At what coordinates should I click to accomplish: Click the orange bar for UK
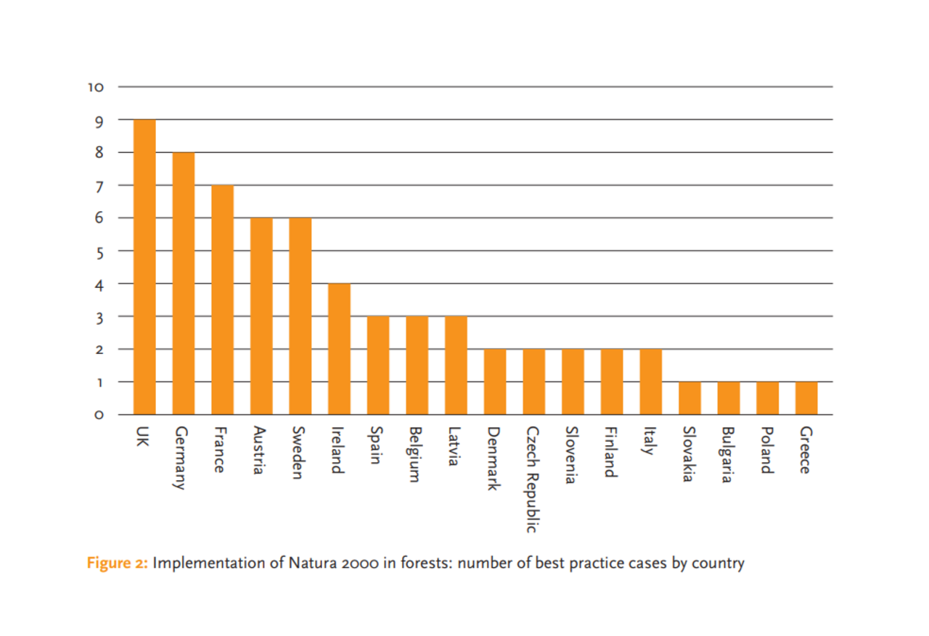click(144, 267)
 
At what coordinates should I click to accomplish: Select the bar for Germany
click(183, 283)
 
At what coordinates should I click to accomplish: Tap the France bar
click(222, 300)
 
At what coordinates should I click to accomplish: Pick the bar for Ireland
click(339, 349)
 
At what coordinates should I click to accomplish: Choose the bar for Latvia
click(456, 365)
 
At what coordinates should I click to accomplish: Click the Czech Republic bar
click(533, 381)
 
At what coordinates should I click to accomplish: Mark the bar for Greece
click(806, 398)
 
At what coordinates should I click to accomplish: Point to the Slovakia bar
click(689, 398)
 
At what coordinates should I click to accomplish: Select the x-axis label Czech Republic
click(533, 479)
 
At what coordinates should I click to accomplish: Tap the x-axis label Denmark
click(494, 458)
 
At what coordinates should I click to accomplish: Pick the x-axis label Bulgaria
click(729, 455)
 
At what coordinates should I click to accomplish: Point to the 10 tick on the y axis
click(96, 87)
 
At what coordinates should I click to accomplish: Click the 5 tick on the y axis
click(99, 252)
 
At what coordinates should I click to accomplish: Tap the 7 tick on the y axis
click(99, 186)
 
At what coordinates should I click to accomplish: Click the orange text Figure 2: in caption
click(117, 563)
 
